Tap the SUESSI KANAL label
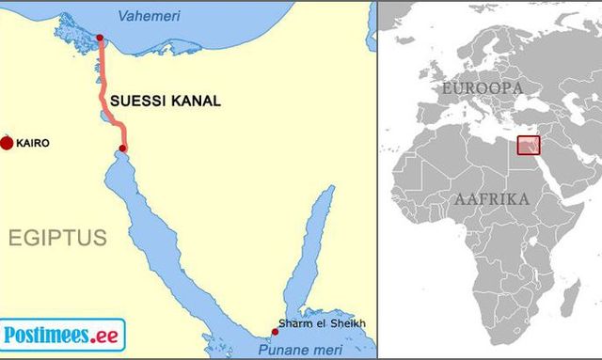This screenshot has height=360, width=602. tap(166, 101)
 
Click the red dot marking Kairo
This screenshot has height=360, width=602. tap(8, 143)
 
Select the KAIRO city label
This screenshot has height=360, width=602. tap(32, 144)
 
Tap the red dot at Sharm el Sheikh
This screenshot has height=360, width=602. tap(275, 331)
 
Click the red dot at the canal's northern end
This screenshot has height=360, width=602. tap(100, 39)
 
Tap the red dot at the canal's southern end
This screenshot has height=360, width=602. tap(122, 149)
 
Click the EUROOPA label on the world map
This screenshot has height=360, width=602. tap(482, 87)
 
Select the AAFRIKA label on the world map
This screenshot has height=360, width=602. tap(492, 199)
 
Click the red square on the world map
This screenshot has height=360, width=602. tap(530, 146)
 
